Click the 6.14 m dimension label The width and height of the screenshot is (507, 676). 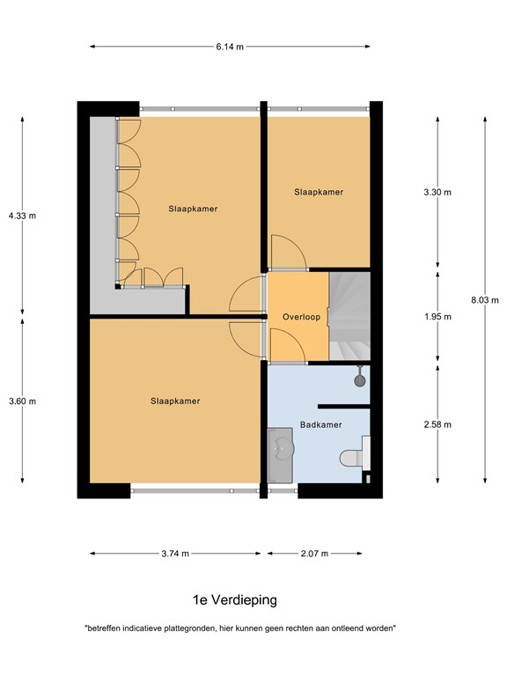[230, 47]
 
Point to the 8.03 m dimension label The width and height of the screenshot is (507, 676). [484, 300]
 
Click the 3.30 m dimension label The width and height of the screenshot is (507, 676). [437, 192]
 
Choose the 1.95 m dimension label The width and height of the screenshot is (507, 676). [437, 317]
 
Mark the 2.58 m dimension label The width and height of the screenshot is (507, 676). [437, 424]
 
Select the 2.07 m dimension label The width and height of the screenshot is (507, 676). [313, 554]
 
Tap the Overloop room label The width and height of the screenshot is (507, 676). [301, 317]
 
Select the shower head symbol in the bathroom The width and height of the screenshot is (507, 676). [359, 380]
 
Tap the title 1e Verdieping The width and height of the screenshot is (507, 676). [235, 600]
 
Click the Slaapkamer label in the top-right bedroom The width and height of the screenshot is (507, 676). [319, 192]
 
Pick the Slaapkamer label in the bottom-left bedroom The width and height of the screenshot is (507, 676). [175, 401]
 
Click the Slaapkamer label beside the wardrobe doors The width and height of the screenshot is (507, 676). [193, 209]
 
